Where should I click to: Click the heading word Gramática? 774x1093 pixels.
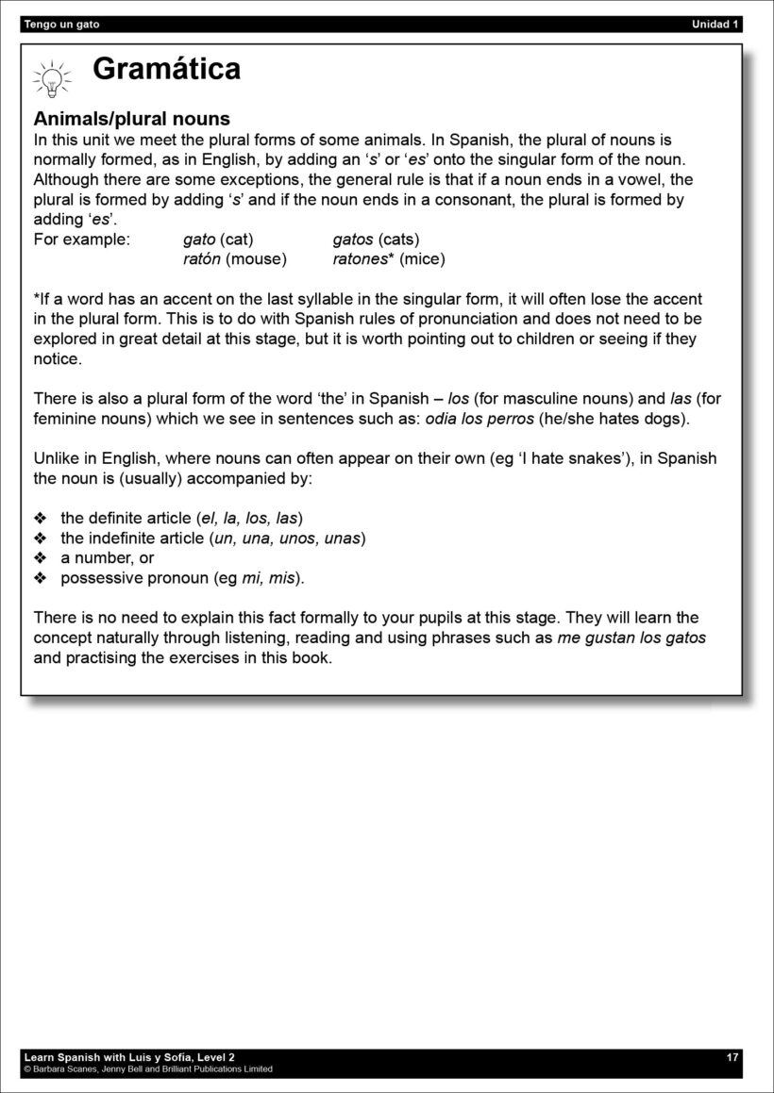pyautogui.click(x=166, y=69)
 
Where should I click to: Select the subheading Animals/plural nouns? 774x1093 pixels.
pyautogui.click(x=131, y=120)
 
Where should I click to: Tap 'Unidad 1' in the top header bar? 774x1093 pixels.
pyautogui.click(x=715, y=25)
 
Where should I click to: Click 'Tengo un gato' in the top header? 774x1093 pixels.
pyautogui.click(x=61, y=25)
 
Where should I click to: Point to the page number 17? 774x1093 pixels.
pyautogui.click(x=732, y=1057)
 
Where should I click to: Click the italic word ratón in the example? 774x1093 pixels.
pyautogui.click(x=202, y=258)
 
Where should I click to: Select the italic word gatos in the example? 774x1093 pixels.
pyautogui.click(x=353, y=240)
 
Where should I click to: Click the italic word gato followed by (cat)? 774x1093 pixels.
pyautogui.click(x=199, y=240)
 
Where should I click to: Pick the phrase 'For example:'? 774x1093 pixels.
pyautogui.click(x=81, y=240)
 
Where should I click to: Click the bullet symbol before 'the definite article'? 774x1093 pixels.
pyautogui.click(x=40, y=519)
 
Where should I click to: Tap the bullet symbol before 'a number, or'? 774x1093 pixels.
pyautogui.click(x=40, y=558)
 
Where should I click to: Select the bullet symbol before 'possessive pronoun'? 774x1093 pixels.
pyautogui.click(x=40, y=578)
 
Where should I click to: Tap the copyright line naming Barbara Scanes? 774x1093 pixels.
pyautogui.click(x=148, y=1069)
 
